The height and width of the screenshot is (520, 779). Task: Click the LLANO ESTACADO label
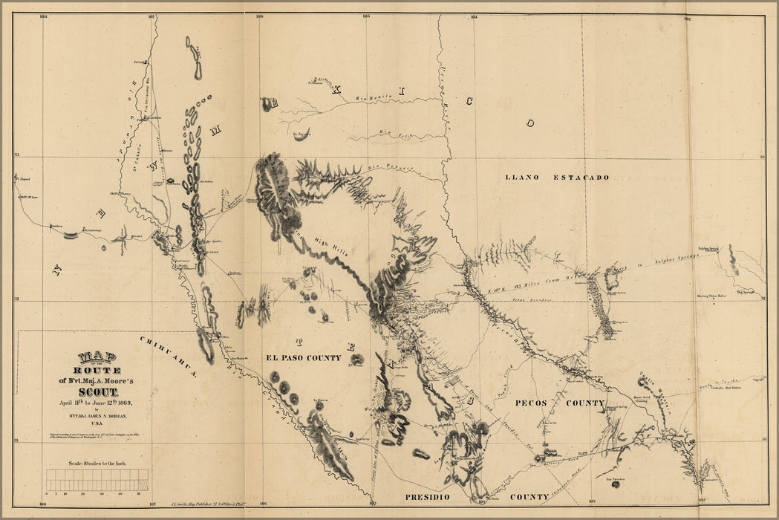pos(557,178)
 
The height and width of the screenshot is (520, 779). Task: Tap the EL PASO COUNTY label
pos(304,358)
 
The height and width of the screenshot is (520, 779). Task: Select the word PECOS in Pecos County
pos(531,403)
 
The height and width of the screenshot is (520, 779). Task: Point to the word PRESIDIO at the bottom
pos(429,495)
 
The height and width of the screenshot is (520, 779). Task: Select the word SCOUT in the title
pos(95,391)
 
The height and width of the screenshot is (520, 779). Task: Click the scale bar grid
pos(97,481)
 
